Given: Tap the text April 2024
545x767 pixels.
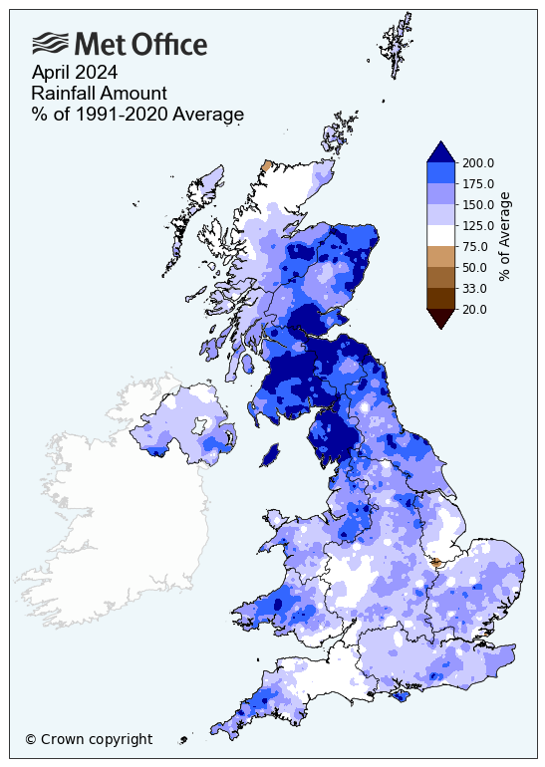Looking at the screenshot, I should coord(75,72).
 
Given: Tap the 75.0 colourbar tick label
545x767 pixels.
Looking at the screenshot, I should coord(476,246).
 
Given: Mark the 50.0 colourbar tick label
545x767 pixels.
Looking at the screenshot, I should coord(476,267).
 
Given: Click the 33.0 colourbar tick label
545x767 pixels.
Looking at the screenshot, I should coord(476,288).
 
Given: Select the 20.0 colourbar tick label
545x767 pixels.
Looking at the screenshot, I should coord(476,309).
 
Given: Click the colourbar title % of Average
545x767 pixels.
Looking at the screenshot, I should coord(505,236).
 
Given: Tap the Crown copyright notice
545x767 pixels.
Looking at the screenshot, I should coord(89,739).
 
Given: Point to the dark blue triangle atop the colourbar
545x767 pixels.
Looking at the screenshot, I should coord(441,151).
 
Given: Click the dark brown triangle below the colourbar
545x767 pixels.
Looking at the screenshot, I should coord(441,318).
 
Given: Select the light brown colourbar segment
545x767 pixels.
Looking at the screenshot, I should coord(441,257).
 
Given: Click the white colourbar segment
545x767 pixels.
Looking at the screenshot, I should coord(441,235).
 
